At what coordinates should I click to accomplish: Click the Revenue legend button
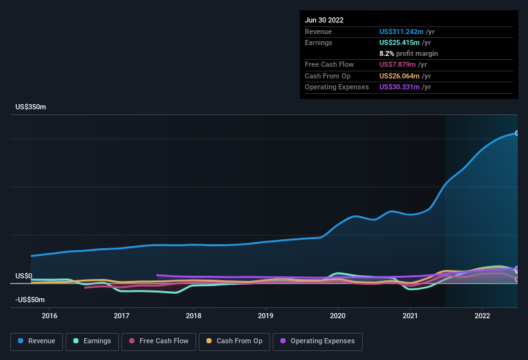(37, 341)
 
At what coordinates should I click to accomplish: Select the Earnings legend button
(93, 341)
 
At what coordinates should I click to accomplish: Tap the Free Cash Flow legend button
(158, 341)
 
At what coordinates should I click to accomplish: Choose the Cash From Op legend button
(235, 341)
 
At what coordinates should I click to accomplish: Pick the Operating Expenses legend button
(317, 341)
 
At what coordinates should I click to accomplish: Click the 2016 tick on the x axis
(50, 316)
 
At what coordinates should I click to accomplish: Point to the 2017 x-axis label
(122, 316)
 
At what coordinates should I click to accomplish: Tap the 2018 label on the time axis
(194, 316)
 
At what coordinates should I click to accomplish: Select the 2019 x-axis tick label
(266, 316)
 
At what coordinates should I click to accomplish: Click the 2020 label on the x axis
(338, 316)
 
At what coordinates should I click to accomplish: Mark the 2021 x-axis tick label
(410, 316)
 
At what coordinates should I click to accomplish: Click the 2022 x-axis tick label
(482, 316)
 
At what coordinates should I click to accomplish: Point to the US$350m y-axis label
(31, 107)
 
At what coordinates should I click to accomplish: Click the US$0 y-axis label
(24, 276)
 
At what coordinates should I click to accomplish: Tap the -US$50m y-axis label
(31, 300)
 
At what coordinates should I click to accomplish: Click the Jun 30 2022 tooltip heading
(324, 20)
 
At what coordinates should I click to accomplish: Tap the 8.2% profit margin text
(408, 53)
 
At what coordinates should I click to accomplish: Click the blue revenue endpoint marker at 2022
(517, 133)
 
